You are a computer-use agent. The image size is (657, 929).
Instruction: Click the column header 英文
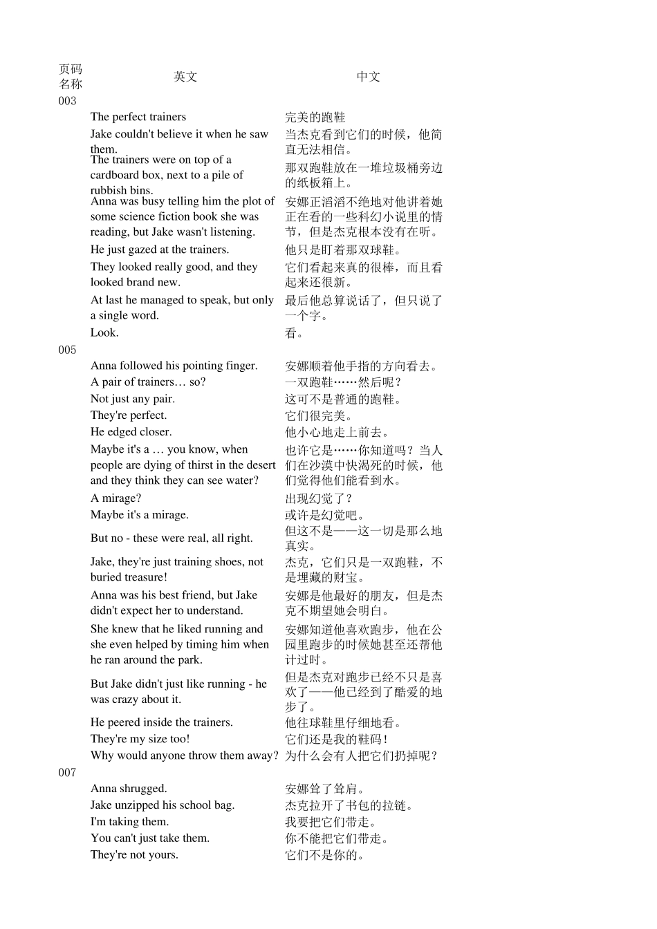185,77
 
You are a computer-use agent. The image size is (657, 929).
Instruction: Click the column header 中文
368,77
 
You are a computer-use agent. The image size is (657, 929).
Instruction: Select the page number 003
67,101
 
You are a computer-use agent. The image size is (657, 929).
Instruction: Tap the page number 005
67,350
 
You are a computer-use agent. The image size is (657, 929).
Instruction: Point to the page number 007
67,773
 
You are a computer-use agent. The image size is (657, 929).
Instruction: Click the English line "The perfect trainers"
138,117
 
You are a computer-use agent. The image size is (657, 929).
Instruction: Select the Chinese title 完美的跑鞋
315,118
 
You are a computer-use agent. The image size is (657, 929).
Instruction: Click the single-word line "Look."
104,332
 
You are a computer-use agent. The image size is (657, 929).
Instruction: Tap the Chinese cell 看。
294,333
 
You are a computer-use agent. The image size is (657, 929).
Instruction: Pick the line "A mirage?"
115,498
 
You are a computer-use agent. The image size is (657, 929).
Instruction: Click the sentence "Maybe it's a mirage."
139,515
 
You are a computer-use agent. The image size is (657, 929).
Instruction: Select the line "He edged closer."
131,432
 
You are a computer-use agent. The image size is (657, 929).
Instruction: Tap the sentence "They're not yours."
134,855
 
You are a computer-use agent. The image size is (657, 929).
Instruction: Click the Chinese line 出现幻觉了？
319,498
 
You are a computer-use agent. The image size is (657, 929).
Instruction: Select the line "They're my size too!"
140,739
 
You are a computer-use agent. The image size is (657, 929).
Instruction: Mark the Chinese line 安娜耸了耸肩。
325,789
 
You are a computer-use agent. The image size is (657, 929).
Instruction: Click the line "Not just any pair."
132,399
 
